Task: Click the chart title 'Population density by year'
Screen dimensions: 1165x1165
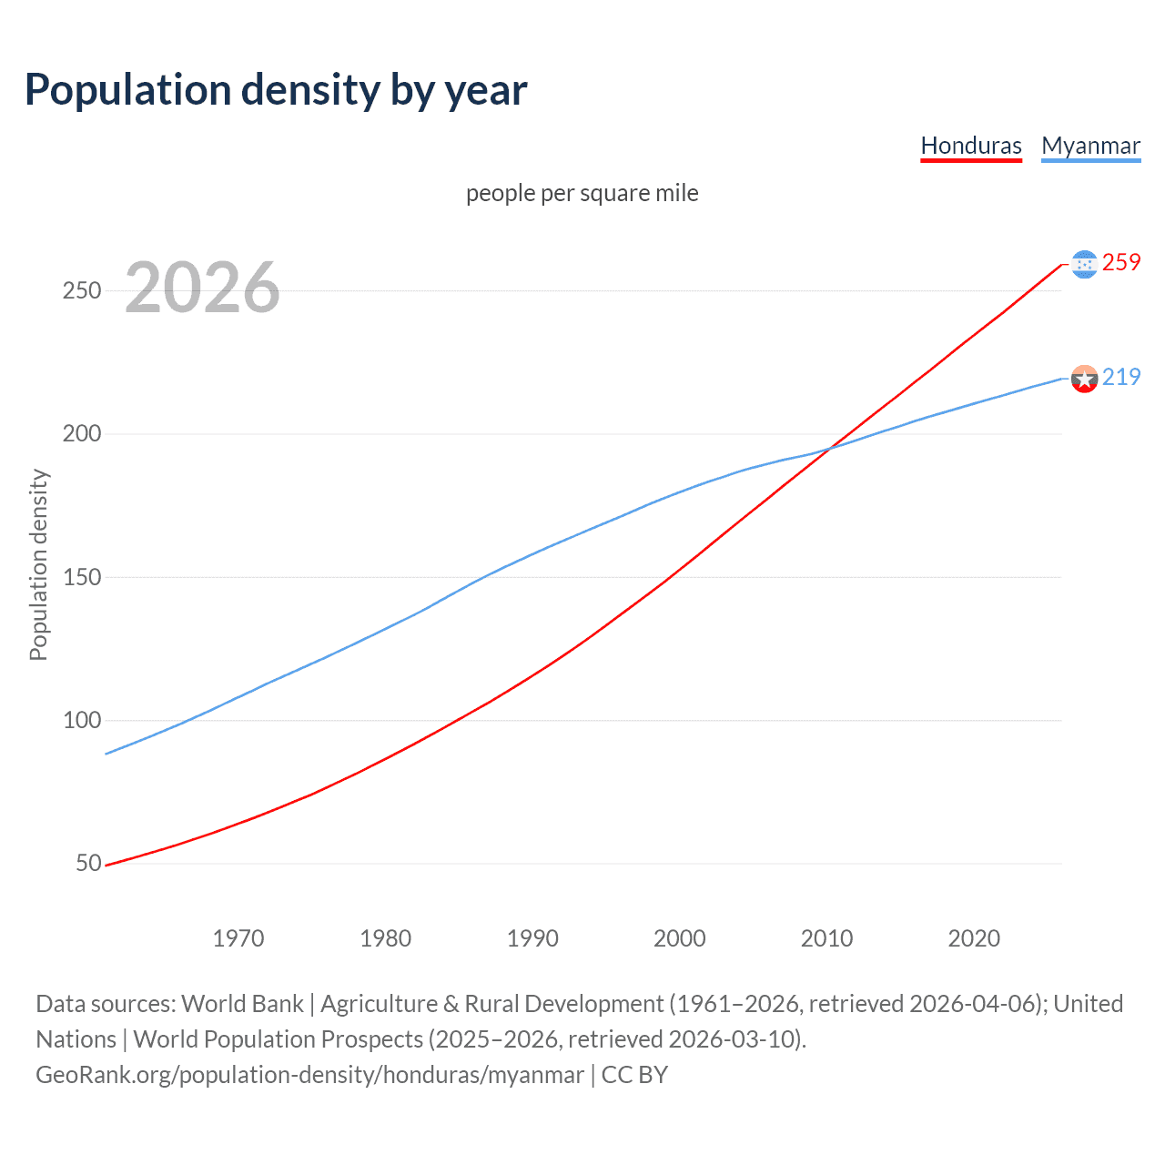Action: (x=276, y=90)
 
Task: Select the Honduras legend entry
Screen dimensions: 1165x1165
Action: (x=971, y=146)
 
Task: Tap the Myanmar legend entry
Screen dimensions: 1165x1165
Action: (x=1090, y=146)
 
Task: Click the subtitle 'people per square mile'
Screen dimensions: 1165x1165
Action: (x=582, y=193)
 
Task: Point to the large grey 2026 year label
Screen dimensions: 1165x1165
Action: (x=202, y=288)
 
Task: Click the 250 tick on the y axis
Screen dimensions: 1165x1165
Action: (x=81, y=291)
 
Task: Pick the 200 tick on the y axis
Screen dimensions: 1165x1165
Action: (x=81, y=434)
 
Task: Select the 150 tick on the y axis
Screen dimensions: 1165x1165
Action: (x=81, y=577)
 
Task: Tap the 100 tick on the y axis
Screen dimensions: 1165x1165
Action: (x=81, y=720)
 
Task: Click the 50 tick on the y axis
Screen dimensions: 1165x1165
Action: (x=88, y=863)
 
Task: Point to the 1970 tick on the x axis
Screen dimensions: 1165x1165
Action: (x=238, y=938)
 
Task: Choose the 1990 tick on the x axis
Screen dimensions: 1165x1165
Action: (x=532, y=938)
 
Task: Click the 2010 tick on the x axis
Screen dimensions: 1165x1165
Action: (x=826, y=938)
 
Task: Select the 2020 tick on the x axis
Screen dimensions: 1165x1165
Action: (x=974, y=938)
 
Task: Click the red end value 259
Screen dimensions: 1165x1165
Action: (x=1121, y=263)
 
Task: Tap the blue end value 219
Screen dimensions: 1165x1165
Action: (x=1121, y=377)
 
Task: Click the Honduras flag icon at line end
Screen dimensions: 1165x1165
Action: (x=1084, y=264)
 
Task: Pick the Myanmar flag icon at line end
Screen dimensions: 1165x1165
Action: (x=1084, y=379)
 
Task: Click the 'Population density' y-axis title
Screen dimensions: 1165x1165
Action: (x=38, y=564)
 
